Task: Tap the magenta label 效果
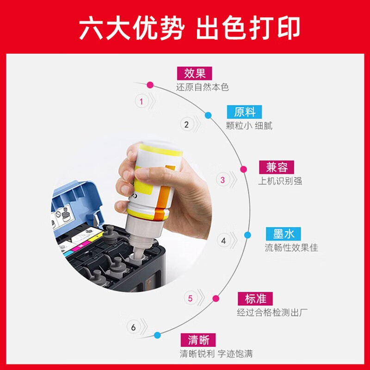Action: click(x=191, y=74)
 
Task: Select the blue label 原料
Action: click(x=244, y=112)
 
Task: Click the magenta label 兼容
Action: click(x=277, y=167)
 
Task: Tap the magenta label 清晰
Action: click(x=198, y=340)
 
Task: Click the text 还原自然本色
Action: click(x=202, y=87)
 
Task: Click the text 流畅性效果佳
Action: click(x=291, y=248)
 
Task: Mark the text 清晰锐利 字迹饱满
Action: click(x=216, y=355)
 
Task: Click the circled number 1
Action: click(x=142, y=101)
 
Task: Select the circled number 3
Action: click(x=222, y=180)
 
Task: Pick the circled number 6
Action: click(x=133, y=327)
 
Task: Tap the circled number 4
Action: click(x=224, y=240)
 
